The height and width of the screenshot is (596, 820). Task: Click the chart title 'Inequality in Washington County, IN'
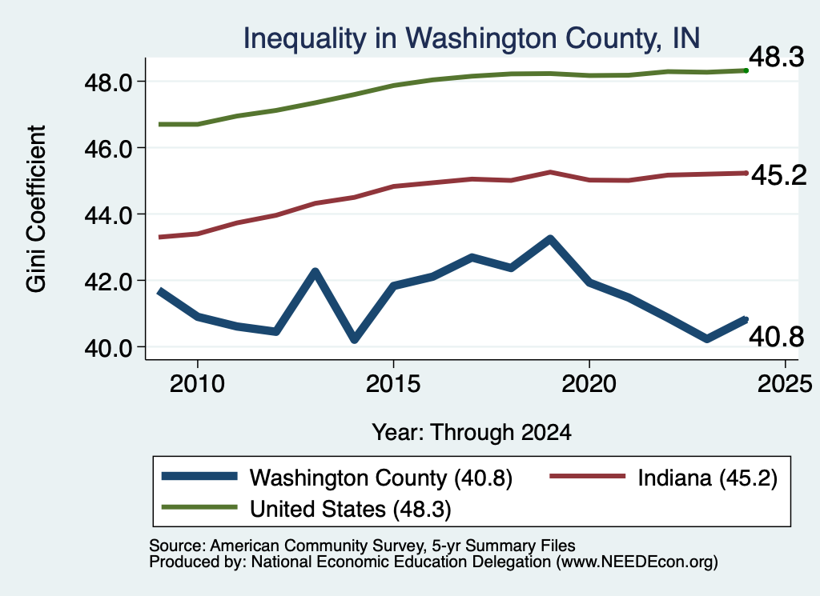(471, 38)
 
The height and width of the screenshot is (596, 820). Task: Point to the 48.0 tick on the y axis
(108, 82)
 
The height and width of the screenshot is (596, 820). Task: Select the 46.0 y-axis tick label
(108, 149)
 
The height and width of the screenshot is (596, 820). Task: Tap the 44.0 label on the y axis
(108, 215)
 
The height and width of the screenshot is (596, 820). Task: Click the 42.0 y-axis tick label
(108, 282)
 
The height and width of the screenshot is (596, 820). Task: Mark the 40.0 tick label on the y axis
(108, 348)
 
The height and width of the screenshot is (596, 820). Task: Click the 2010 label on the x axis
(197, 384)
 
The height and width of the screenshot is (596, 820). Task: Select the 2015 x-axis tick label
(393, 384)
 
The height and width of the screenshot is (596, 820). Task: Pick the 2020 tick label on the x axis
(589, 384)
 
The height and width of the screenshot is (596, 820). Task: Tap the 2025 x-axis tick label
(785, 384)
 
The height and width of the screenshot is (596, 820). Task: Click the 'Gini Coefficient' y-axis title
(36, 209)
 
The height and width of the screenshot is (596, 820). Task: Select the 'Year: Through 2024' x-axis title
(471, 433)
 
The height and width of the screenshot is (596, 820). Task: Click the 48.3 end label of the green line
(777, 57)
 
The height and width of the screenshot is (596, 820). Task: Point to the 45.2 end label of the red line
(779, 174)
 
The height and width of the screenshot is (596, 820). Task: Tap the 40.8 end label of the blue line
(777, 336)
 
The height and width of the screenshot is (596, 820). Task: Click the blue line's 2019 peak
(550, 239)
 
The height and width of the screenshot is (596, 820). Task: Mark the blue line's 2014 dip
(355, 339)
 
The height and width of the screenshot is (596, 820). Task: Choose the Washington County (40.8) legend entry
(337, 478)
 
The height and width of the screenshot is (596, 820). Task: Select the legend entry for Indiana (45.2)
(664, 478)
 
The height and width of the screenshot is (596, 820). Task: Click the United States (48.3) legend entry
(307, 509)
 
